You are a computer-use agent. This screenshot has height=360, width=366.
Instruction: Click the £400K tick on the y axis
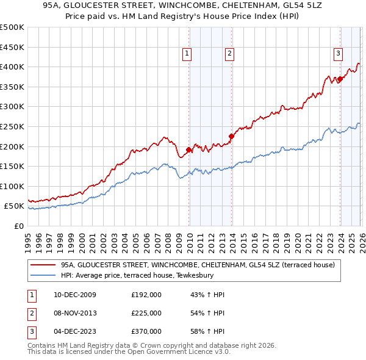pyautogui.click(x=12, y=67)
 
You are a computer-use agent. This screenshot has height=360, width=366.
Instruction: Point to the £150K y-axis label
pyautogui.click(x=12, y=166)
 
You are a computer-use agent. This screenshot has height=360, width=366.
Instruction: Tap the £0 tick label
pyautogui.click(x=18, y=226)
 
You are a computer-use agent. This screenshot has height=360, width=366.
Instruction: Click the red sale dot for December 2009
pyautogui.click(x=189, y=149)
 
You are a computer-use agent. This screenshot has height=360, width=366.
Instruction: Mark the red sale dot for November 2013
pyautogui.click(x=231, y=136)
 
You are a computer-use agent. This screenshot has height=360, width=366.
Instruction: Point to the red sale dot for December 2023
pyautogui.click(x=340, y=79)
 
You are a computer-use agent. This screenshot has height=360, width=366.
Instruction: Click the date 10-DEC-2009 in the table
pyautogui.click(x=74, y=295)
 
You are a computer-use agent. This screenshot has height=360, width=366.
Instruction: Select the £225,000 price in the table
pyautogui.click(x=146, y=313)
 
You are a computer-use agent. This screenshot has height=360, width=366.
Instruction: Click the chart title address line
pyautogui.click(x=183, y=6)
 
